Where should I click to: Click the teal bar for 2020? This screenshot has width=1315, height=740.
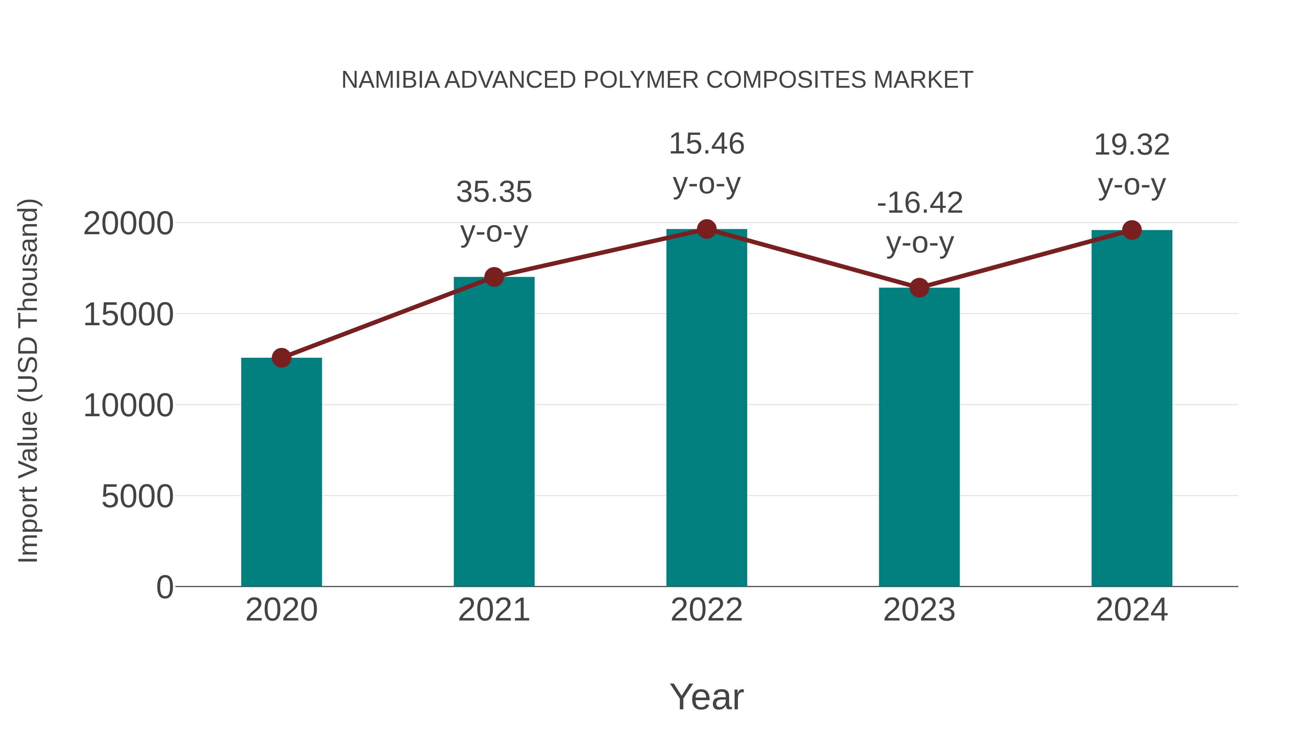(x=281, y=473)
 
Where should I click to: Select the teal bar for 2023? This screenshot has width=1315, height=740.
(x=919, y=437)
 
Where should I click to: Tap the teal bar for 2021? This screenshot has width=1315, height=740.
(x=493, y=432)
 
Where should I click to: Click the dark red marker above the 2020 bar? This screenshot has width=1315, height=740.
(x=281, y=358)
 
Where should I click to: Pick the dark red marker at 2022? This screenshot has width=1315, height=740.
(x=706, y=229)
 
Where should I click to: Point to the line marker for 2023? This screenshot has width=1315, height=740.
(x=919, y=288)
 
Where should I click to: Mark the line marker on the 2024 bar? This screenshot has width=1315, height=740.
(x=1132, y=230)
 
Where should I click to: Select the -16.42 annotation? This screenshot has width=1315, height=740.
(x=919, y=203)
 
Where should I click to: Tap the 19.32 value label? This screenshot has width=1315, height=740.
(x=1132, y=145)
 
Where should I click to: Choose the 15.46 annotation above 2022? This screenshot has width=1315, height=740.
(x=706, y=144)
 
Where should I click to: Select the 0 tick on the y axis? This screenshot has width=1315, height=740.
(x=165, y=587)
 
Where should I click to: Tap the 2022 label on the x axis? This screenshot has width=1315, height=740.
(x=706, y=610)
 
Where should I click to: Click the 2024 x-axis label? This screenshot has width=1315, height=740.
(x=1132, y=610)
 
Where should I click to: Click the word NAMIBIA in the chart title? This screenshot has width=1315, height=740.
(x=390, y=80)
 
